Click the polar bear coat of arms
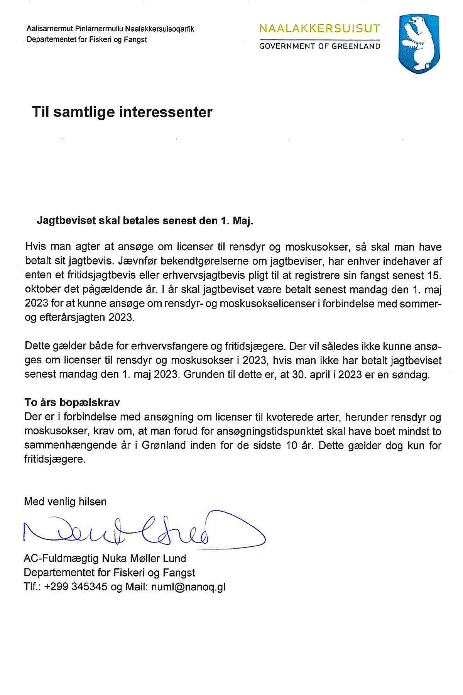[419, 43]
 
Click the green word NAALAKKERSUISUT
[319, 29]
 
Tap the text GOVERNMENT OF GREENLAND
[319, 46]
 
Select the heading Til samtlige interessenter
[122, 112]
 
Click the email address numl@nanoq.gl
[188, 587]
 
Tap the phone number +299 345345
[76, 587]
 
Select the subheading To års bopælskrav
[72, 402]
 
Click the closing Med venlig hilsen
[65, 502]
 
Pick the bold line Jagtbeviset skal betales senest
[145, 220]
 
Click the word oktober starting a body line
[41, 290]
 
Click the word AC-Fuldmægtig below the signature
[61, 559]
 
